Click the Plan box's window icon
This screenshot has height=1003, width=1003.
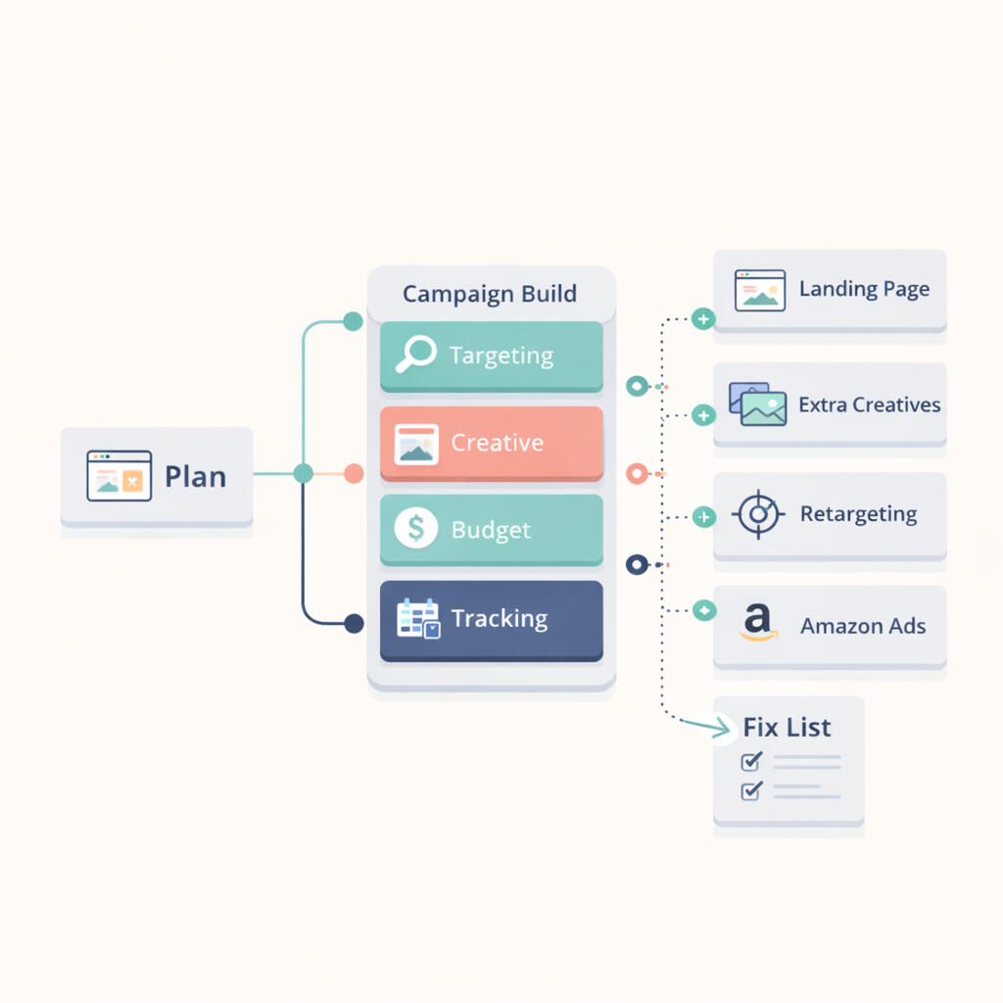tap(119, 476)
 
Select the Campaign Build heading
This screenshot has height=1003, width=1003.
tap(490, 294)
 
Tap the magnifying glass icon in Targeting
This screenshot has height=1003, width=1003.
tap(415, 355)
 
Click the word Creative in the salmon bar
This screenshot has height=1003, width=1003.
tap(497, 443)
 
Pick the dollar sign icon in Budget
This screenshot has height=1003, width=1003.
tap(415, 529)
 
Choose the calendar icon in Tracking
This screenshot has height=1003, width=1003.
tap(418, 618)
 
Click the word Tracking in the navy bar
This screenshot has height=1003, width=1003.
tap(499, 618)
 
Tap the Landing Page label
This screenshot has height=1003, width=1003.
tap(864, 289)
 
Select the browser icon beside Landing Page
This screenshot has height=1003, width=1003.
tap(760, 291)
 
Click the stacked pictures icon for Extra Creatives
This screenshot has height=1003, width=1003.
tap(757, 404)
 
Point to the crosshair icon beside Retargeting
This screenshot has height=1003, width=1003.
tap(758, 514)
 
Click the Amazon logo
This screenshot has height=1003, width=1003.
tap(757, 623)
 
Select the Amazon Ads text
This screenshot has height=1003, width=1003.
tap(863, 626)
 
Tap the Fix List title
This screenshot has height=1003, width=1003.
tap(787, 727)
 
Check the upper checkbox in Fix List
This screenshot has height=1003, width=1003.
tap(751, 761)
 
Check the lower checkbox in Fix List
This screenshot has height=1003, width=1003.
tap(751, 790)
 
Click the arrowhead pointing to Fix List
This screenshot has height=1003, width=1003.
tap(724, 728)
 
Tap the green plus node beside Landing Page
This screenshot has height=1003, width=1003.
tap(702, 319)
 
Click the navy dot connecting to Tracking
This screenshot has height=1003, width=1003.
tap(354, 623)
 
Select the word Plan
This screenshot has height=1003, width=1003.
tap(195, 477)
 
